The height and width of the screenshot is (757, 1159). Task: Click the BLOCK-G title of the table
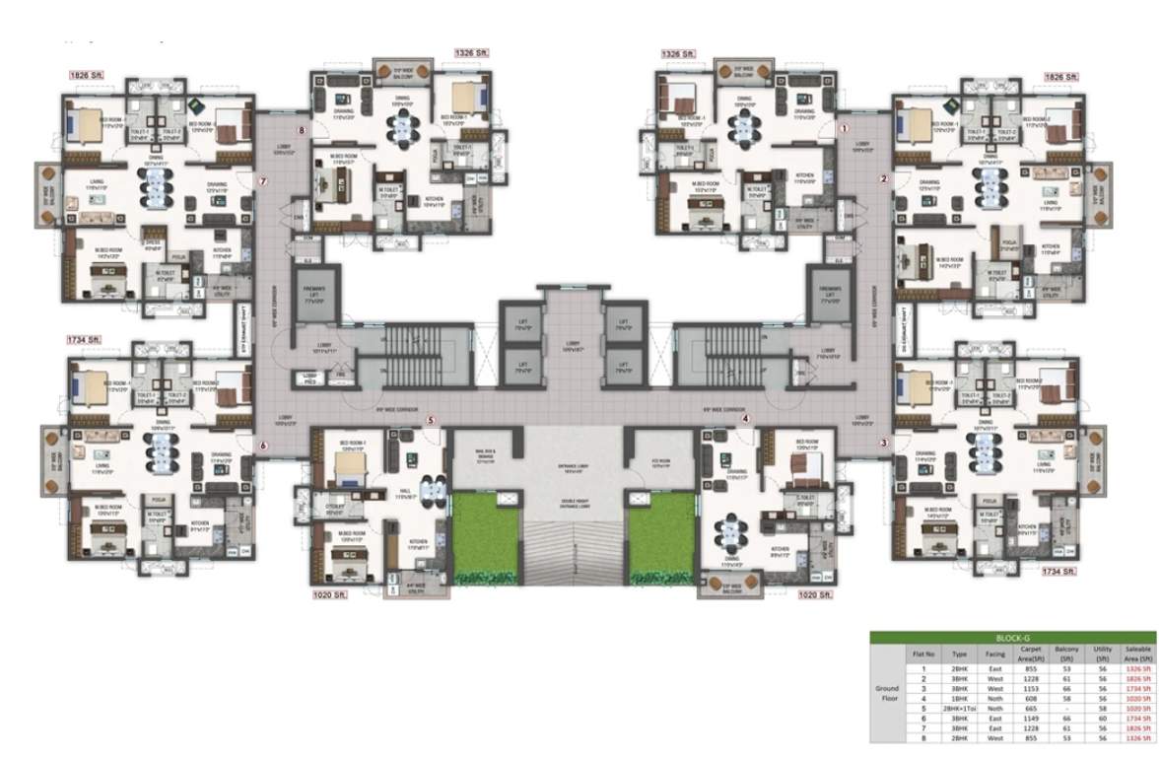tap(1013, 638)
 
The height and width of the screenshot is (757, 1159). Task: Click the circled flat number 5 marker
tap(431, 421)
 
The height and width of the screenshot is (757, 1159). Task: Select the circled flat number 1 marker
tap(844, 128)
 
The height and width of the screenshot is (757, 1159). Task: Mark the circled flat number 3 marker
tap(884, 443)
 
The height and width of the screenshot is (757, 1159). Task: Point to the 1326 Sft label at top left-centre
tap(471, 52)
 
